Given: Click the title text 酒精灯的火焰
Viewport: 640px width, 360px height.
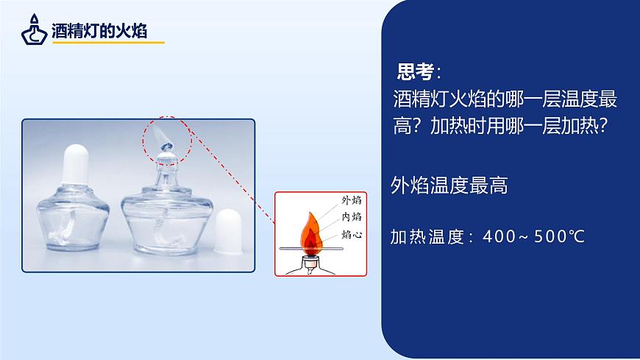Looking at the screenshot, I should point(99,31).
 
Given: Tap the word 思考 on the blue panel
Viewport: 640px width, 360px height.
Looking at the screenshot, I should point(415,72).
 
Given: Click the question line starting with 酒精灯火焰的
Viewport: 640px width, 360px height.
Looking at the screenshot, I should point(505,99).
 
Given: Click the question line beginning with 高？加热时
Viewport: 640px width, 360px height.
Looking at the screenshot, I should point(500,127).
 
